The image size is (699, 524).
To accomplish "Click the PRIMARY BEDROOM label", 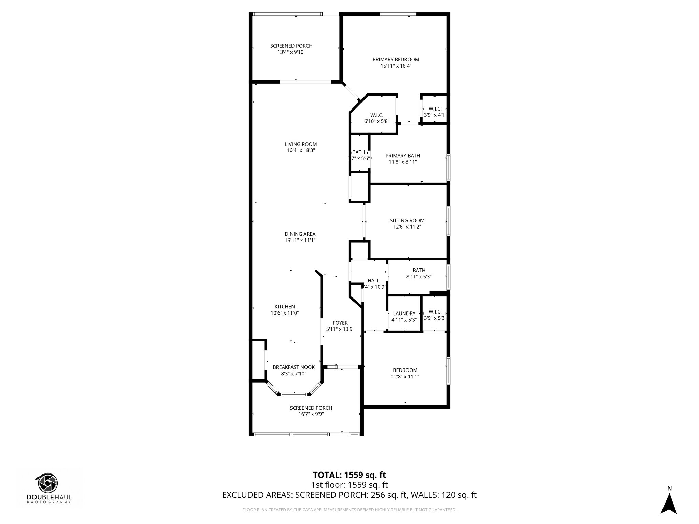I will [396, 59].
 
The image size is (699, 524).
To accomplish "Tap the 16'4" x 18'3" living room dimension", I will [301, 150].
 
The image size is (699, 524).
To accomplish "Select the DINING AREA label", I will [300, 234].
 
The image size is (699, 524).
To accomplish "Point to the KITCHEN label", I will [285, 307].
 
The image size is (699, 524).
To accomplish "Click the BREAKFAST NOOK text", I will [294, 367].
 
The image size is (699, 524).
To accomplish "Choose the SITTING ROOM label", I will [407, 220].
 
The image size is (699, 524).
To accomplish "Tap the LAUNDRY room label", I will [404, 314].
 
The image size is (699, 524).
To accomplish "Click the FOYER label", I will [340, 323].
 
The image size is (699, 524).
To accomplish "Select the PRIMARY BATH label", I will [403, 156].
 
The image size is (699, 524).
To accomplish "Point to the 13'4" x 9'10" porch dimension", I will [291, 52].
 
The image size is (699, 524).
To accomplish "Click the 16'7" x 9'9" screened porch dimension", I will [311, 414].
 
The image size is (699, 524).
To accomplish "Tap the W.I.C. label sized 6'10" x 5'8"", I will [376, 115].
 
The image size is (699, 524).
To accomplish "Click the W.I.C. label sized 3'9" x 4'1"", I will [435, 109].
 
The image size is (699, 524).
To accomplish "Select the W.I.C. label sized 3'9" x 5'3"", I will [435, 312].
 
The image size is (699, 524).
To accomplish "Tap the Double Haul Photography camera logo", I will [48, 483].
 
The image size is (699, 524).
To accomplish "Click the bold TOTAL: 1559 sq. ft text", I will [349, 475].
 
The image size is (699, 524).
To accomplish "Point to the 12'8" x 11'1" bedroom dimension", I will [405, 377].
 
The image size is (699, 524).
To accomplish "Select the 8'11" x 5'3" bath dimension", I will [419, 277].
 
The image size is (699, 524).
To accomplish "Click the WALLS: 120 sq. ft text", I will [443, 495].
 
